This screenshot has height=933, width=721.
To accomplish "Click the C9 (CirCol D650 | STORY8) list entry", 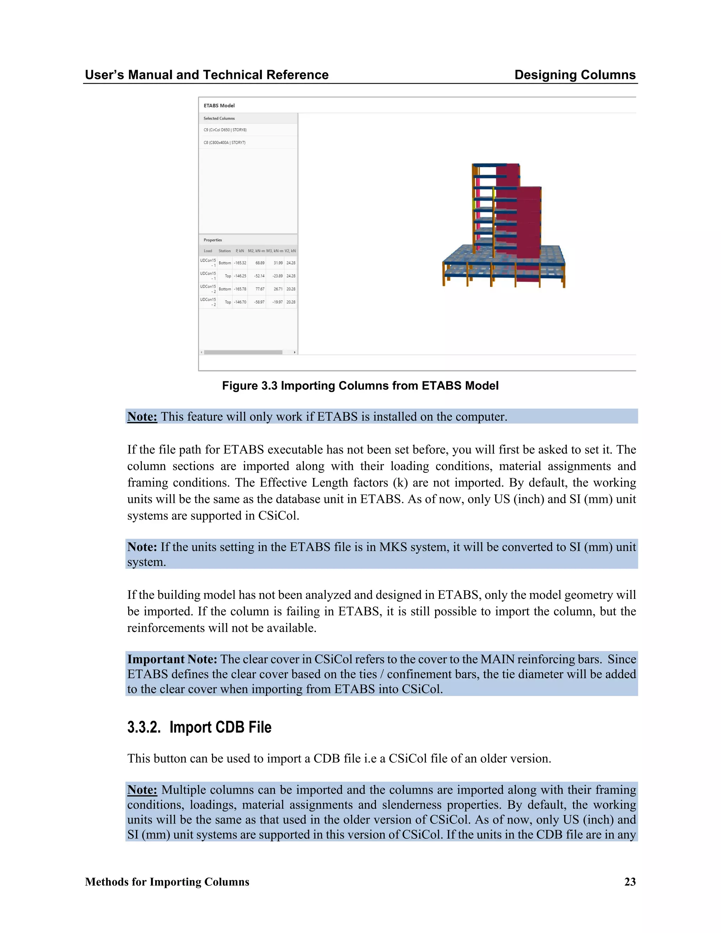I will point(225,130).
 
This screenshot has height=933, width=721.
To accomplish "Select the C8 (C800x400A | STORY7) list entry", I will point(225,143).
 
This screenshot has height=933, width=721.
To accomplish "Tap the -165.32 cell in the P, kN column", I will point(240,263).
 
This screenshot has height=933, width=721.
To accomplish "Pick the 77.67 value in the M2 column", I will point(260,289).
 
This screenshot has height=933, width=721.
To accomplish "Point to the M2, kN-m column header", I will point(256,251).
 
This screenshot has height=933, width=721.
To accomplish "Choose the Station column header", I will point(225,251).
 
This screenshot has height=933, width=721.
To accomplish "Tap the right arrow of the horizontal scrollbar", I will point(295,352).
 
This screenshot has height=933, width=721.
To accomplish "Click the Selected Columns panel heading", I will point(219,118).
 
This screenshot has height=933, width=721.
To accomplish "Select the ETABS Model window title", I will point(219,106).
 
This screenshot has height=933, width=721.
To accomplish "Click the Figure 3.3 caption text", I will point(360,386).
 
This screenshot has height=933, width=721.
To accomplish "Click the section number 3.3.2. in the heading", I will point(144,727).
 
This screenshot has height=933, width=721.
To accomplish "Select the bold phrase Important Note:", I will point(172,659).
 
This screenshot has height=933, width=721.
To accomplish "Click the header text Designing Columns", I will point(575,75).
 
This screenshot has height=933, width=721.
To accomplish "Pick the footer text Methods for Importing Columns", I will point(167,882).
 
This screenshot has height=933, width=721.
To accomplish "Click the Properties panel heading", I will point(213,240).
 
